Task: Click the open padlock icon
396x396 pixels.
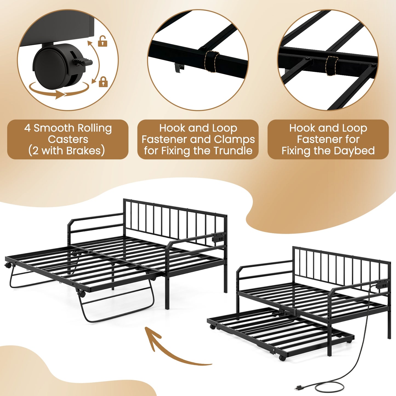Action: [x=102, y=41]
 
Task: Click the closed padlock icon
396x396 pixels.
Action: [x=103, y=82]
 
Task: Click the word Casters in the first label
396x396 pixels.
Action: [x=68, y=139]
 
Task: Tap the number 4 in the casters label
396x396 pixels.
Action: [x=27, y=128]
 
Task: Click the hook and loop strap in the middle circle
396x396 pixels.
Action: [x=212, y=61]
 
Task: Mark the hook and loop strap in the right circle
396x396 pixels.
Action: [x=332, y=66]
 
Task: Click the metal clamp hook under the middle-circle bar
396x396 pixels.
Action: [x=179, y=68]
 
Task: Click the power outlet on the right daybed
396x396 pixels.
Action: [x=382, y=285]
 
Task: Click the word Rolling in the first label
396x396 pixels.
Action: [x=95, y=128]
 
